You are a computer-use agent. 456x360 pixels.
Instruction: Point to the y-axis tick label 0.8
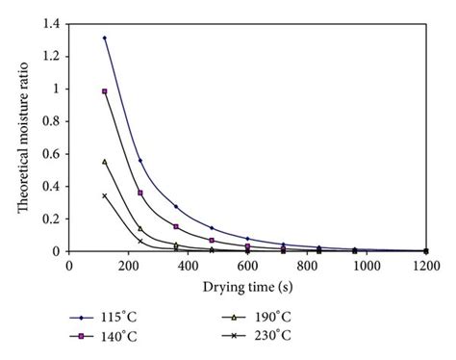tap(50, 120)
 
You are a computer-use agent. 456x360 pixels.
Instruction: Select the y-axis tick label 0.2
tap(50, 219)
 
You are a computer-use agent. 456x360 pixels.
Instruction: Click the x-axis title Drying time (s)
tap(247, 286)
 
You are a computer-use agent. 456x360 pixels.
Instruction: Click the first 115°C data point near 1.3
tap(105, 38)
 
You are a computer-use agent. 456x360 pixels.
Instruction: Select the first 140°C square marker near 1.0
tap(105, 91)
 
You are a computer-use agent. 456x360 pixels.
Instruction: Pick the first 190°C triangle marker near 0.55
tap(105, 162)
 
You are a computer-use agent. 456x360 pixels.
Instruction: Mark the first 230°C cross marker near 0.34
tap(105, 195)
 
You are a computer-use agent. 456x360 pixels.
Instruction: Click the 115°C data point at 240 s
tap(140, 160)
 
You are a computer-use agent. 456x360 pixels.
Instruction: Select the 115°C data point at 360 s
tap(176, 206)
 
